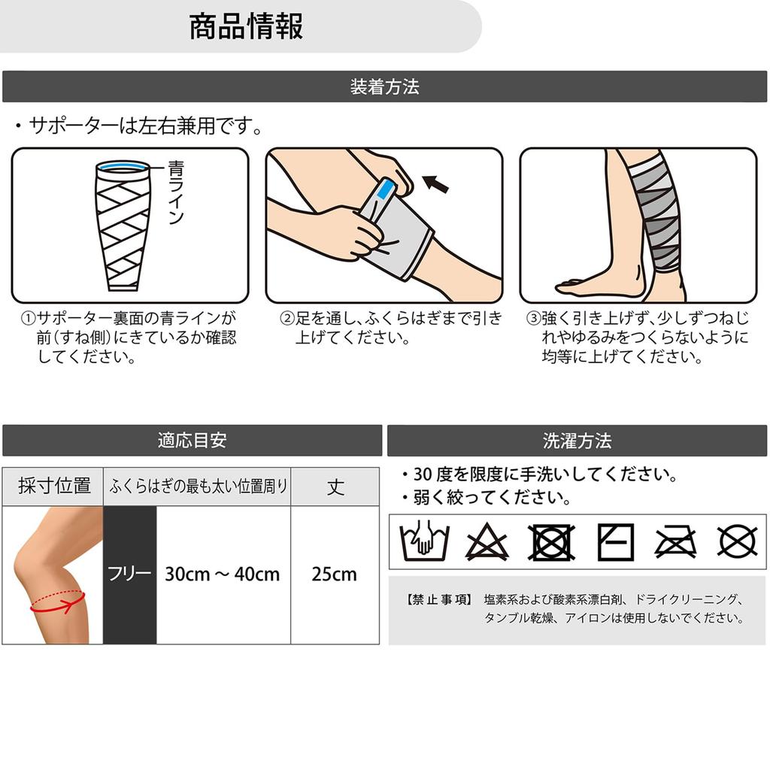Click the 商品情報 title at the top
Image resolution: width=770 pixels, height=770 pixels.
[x=246, y=26]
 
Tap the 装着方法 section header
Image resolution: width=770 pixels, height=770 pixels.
[x=384, y=86]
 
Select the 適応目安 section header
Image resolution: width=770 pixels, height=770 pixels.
[x=192, y=440]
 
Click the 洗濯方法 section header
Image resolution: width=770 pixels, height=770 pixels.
[x=577, y=440]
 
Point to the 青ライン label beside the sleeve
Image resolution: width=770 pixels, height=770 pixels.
[x=175, y=192]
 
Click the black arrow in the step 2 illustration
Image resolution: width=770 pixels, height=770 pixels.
[x=435, y=183]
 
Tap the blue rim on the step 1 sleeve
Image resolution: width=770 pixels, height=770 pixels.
[x=122, y=166]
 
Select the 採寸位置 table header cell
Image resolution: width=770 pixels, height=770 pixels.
[x=54, y=486]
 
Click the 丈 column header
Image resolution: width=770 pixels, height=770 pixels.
[x=335, y=486]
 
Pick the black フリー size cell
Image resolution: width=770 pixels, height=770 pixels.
[x=129, y=574]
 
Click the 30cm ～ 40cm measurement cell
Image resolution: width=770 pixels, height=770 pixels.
[x=223, y=574]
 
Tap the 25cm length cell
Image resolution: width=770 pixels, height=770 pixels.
[x=335, y=574]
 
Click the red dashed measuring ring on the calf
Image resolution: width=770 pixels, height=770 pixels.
[x=57, y=602]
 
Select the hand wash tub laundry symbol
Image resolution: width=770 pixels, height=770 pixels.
[x=424, y=541]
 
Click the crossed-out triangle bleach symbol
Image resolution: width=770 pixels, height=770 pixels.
[x=487, y=542]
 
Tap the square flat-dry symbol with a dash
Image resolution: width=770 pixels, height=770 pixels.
[x=615, y=541]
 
